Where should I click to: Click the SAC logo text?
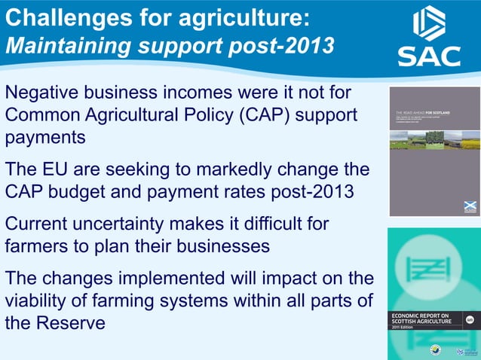(x=429, y=56)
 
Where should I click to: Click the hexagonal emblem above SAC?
(x=429, y=23)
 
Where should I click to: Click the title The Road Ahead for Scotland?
(x=423, y=112)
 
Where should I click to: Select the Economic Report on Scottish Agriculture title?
(x=421, y=319)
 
